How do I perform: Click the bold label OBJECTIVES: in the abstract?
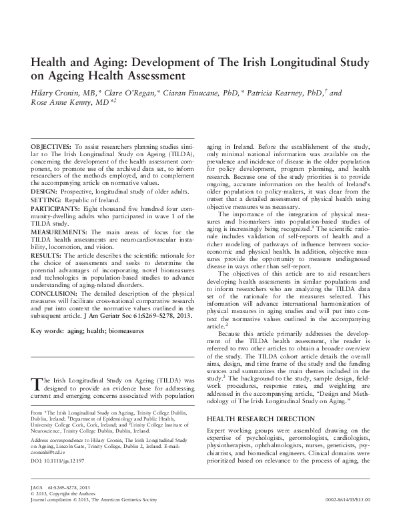(x=51, y=146)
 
